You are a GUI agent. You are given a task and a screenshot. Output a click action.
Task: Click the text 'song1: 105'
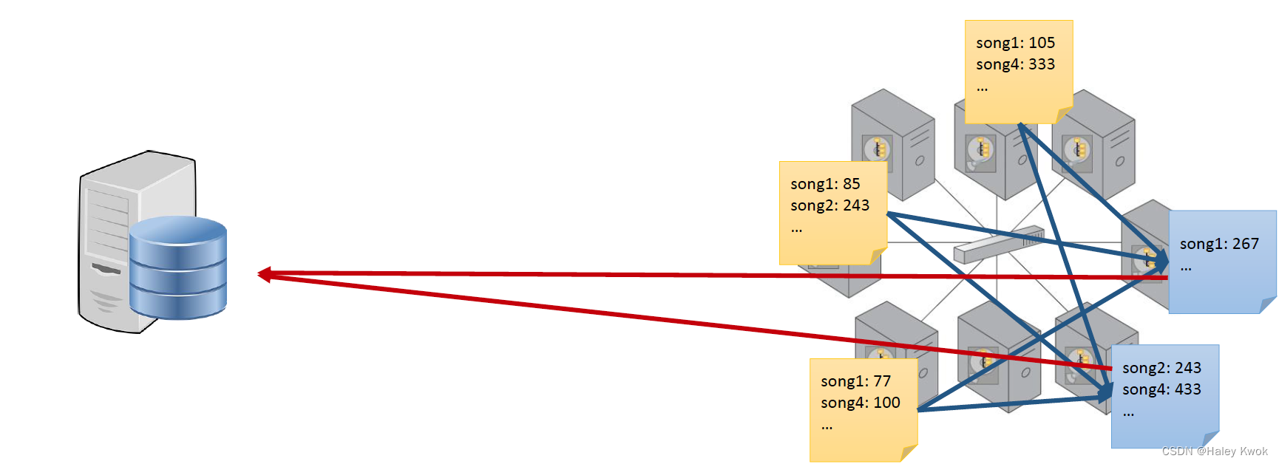(x=1015, y=43)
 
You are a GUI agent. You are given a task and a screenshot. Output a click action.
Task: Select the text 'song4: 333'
(x=1015, y=64)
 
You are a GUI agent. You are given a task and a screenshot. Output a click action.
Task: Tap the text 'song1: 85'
(x=825, y=184)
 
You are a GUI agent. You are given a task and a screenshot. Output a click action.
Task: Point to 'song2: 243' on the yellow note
(x=830, y=205)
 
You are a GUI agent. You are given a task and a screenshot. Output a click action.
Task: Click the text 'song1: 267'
(x=1219, y=244)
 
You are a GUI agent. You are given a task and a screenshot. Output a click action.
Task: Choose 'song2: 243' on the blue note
(x=1161, y=368)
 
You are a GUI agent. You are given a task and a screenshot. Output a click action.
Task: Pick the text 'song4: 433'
(x=1161, y=389)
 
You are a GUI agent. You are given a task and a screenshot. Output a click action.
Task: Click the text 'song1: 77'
(x=855, y=381)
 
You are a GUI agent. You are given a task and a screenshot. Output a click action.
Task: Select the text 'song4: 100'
(x=860, y=403)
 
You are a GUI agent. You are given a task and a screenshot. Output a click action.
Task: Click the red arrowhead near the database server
(x=265, y=274)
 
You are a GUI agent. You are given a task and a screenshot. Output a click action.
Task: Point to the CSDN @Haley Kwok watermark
(x=1215, y=451)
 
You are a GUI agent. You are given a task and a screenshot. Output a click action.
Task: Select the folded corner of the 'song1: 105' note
(x=1064, y=115)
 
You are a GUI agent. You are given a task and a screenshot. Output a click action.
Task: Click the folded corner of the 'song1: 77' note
(x=909, y=453)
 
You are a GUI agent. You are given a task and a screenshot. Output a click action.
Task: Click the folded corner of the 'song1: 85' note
(x=878, y=256)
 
